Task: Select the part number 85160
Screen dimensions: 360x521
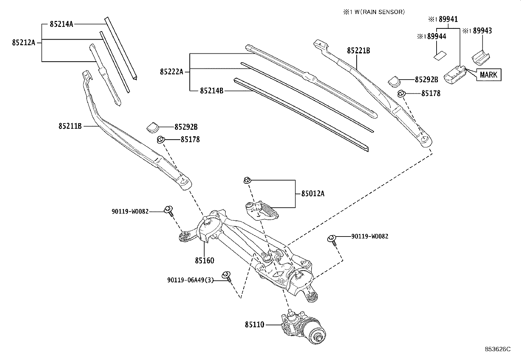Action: click(x=205, y=261)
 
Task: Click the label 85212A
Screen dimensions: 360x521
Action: click(x=24, y=43)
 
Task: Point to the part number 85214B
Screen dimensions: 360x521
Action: click(x=211, y=90)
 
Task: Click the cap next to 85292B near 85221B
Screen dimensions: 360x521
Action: click(x=395, y=80)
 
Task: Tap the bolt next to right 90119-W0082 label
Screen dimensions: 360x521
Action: click(x=332, y=239)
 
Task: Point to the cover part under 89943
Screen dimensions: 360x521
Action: click(x=480, y=57)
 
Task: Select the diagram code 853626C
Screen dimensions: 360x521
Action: click(x=497, y=349)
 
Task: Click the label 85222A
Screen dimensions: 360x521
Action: click(x=171, y=72)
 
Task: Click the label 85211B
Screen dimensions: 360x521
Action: click(x=70, y=126)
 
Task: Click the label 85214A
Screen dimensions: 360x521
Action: click(x=62, y=24)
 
